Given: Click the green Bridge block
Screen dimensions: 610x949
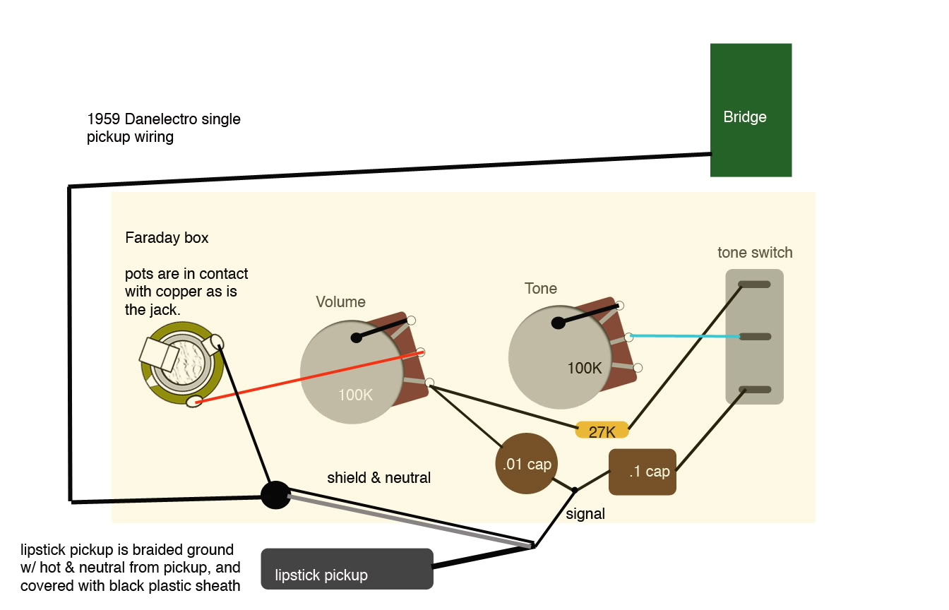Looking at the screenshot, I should tap(751, 110).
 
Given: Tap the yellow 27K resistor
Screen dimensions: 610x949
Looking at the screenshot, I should tap(602, 431).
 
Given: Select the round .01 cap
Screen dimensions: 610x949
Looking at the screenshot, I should tap(526, 464).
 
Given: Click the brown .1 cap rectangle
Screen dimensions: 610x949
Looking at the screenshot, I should tap(642, 472).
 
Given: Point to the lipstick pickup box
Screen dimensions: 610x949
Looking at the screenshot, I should tap(347, 569).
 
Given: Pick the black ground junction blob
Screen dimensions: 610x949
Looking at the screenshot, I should tap(275, 495).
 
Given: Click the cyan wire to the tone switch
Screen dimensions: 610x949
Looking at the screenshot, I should tap(685, 337).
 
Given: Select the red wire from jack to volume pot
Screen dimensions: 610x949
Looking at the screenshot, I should tap(311, 376).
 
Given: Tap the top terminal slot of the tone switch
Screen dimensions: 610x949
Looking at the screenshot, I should tap(754, 285).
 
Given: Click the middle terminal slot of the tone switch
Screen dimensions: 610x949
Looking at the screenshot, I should tap(754, 337).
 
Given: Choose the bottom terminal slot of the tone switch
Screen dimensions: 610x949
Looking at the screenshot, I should tap(754, 390).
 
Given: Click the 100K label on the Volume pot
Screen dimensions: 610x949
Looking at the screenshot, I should tap(355, 395).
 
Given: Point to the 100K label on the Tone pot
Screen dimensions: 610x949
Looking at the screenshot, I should tap(585, 368).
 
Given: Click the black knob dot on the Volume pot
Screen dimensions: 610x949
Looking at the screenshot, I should tap(357, 337).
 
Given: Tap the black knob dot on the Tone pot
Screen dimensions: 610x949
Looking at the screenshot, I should tap(558, 323).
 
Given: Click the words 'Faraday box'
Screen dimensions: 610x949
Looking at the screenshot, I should tap(167, 238).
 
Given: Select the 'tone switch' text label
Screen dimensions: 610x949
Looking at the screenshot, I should tap(755, 253).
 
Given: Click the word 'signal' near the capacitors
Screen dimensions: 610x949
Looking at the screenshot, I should tap(585, 514).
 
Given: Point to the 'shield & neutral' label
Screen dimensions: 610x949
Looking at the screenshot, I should tap(378, 478).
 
